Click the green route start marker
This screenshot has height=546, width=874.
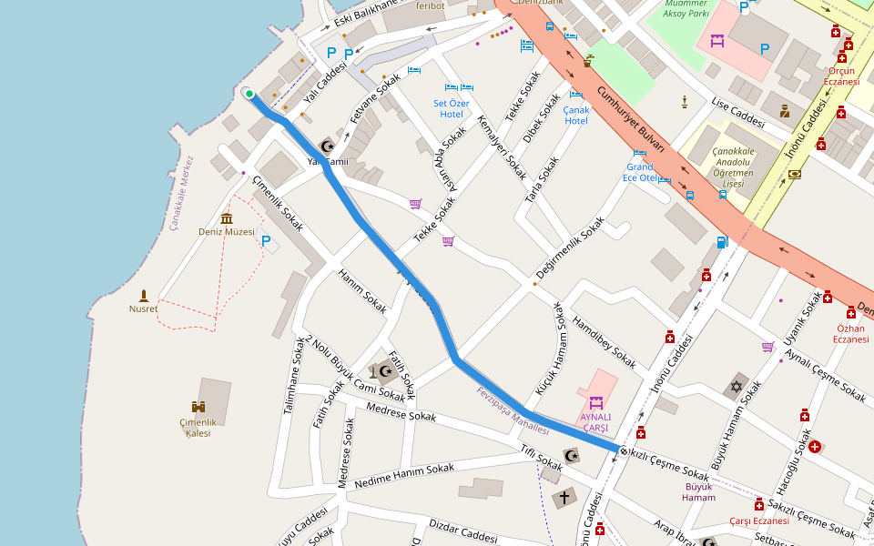click(x=249, y=93)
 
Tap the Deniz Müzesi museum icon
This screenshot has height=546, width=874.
click(x=227, y=218)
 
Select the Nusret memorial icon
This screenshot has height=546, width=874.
click(x=143, y=295)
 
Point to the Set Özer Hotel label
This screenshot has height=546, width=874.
click(x=452, y=108)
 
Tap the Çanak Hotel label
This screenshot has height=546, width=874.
click(x=576, y=115)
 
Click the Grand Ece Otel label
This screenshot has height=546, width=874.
click(x=640, y=172)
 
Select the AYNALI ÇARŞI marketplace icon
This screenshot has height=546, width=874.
click(x=596, y=401)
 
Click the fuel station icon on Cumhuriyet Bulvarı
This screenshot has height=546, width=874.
click(x=722, y=242)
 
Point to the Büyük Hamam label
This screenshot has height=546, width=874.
click(x=699, y=491)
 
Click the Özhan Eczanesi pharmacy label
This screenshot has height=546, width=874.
click(x=849, y=333)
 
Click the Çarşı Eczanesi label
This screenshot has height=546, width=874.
click(x=758, y=521)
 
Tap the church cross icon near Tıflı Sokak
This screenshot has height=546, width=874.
click(x=564, y=498)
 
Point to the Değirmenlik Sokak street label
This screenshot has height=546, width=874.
click(x=570, y=248)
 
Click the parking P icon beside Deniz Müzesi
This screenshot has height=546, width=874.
click(x=266, y=241)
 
